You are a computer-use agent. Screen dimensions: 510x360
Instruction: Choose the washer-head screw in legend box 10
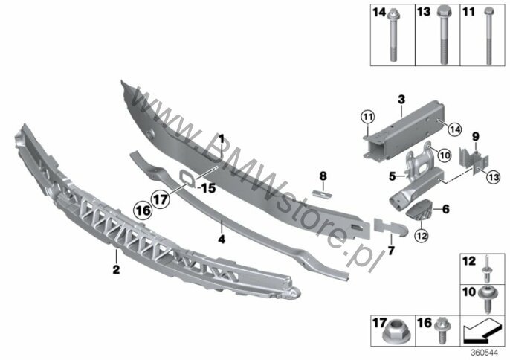486,299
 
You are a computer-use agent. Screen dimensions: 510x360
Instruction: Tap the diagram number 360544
485,353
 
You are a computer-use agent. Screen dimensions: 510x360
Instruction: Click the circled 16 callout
143,210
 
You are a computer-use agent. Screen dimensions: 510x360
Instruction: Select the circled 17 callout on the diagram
161,199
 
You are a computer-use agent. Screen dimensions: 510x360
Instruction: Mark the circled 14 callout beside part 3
454,130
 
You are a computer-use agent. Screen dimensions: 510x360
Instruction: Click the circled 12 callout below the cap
421,235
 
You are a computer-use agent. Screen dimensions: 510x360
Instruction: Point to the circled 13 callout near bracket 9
494,177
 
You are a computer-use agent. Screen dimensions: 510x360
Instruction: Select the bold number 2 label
116,269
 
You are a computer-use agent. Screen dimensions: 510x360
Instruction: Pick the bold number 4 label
222,240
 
